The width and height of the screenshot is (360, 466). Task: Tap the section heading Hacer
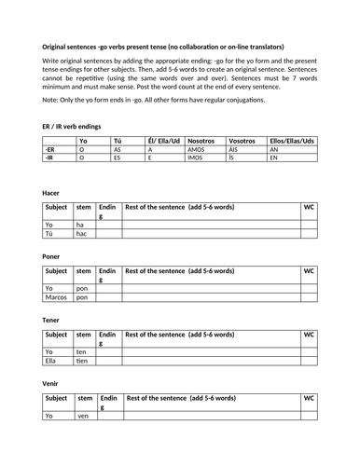click(53, 192)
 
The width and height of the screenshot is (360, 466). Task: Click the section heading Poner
click(53, 255)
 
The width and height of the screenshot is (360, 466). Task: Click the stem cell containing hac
click(82, 233)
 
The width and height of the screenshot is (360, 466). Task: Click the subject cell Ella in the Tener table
click(52, 361)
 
